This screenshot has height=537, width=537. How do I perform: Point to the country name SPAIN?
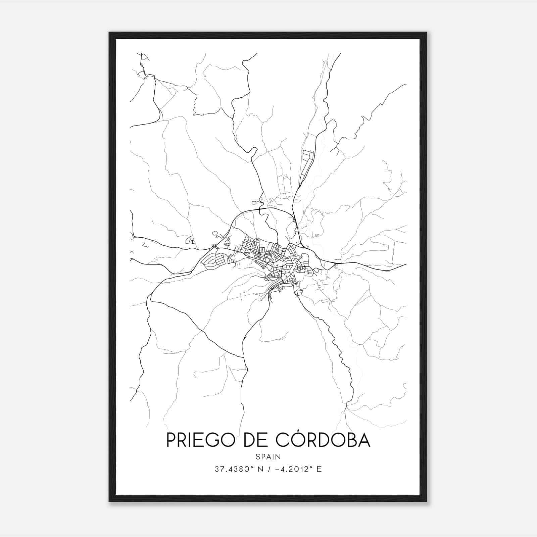click(268, 457)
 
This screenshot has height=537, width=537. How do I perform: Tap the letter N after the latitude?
click(258, 469)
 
